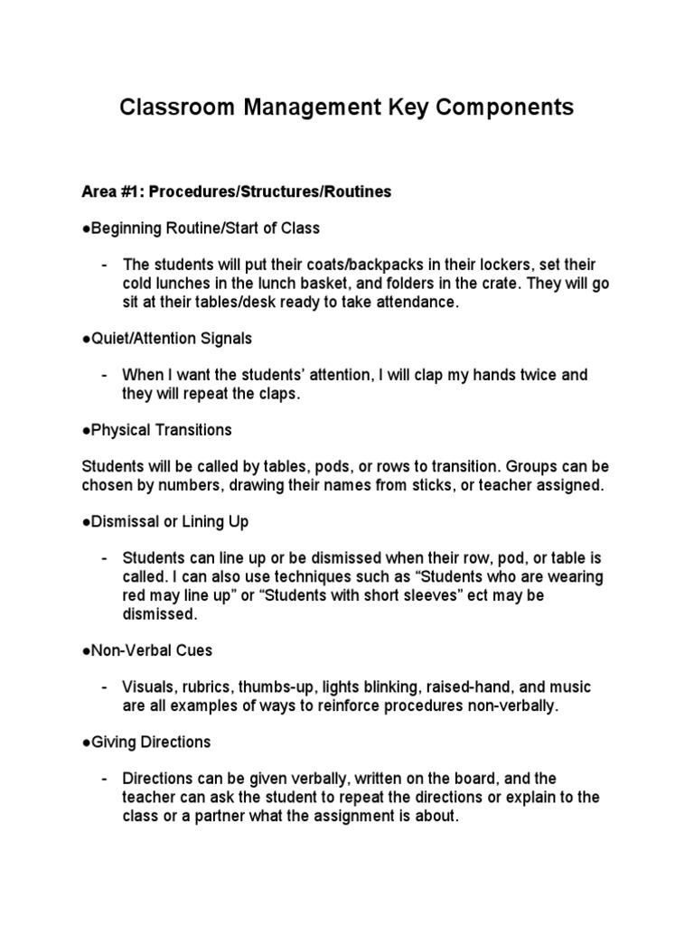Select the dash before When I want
click(x=107, y=375)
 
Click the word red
click(x=135, y=596)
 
